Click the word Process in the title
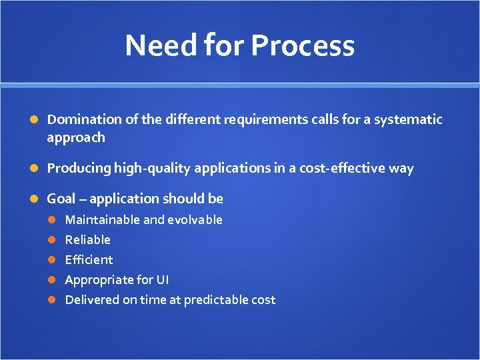click(303, 45)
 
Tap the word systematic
click(407, 119)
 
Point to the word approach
click(76, 137)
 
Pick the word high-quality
click(151, 168)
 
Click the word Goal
click(61, 199)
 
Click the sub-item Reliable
click(87, 239)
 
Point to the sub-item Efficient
click(89, 259)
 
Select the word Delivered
click(92, 300)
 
